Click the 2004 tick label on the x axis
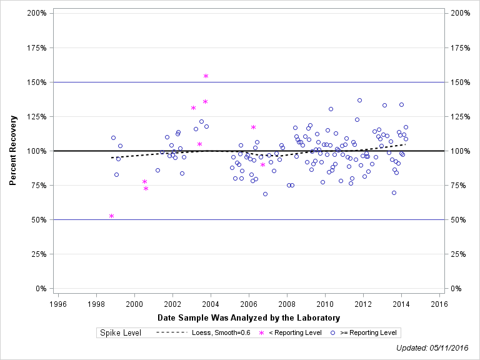click(x=211, y=304)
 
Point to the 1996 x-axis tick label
click(x=57, y=304)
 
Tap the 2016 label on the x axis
click(x=439, y=304)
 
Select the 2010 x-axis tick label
click(x=325, y=304)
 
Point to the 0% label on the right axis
click(x=455, y=289)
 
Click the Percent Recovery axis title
click(x=12, y=150)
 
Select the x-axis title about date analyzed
click(x=249, y=317)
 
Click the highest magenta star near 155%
click(x=206, y=76)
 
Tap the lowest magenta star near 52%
click(x=111, y=216)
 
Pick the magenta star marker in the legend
click(x=262, y=332)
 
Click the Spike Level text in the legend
click(x=120, y=332)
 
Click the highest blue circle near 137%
click(x=359, y=100)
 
